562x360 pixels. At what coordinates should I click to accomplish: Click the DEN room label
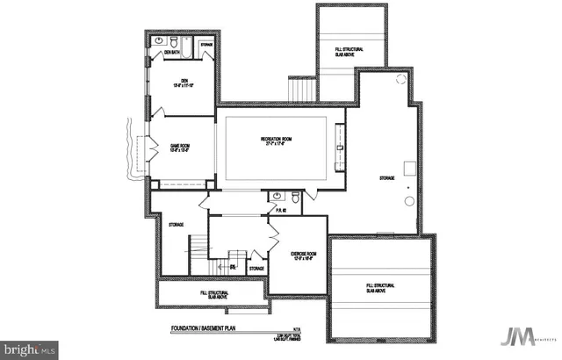[179, 83]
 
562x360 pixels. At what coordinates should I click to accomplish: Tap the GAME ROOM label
[179, 148]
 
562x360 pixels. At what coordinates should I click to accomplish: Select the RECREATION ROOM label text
[276, 140]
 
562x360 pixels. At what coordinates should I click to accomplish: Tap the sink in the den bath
[160, 41]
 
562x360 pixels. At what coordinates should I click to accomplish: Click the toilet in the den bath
[175, 41]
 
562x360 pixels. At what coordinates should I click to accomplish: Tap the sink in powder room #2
[277, 196]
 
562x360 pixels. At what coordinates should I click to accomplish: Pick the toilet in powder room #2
[295, 198]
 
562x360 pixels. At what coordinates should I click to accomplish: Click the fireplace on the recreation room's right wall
[341, 145]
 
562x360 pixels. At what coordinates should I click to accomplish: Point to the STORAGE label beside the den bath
[206, 44]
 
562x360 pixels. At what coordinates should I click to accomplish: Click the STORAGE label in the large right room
[386, 179]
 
